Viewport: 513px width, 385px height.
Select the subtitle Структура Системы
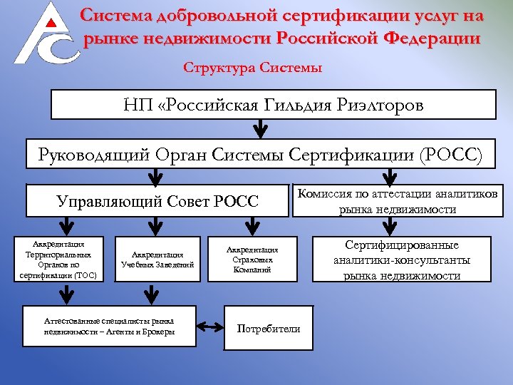253,68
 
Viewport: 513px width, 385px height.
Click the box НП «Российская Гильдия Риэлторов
274,105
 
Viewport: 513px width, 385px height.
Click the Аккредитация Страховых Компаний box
252,259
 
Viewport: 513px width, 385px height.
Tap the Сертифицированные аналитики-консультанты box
401,259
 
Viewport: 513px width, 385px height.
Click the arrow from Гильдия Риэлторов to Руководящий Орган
261,128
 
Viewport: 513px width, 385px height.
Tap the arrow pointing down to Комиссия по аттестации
390,177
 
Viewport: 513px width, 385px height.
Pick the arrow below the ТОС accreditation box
66,294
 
